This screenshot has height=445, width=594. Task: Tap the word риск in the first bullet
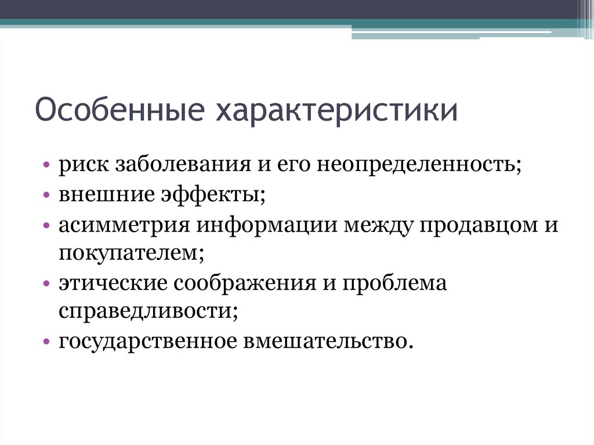[82, 165]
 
